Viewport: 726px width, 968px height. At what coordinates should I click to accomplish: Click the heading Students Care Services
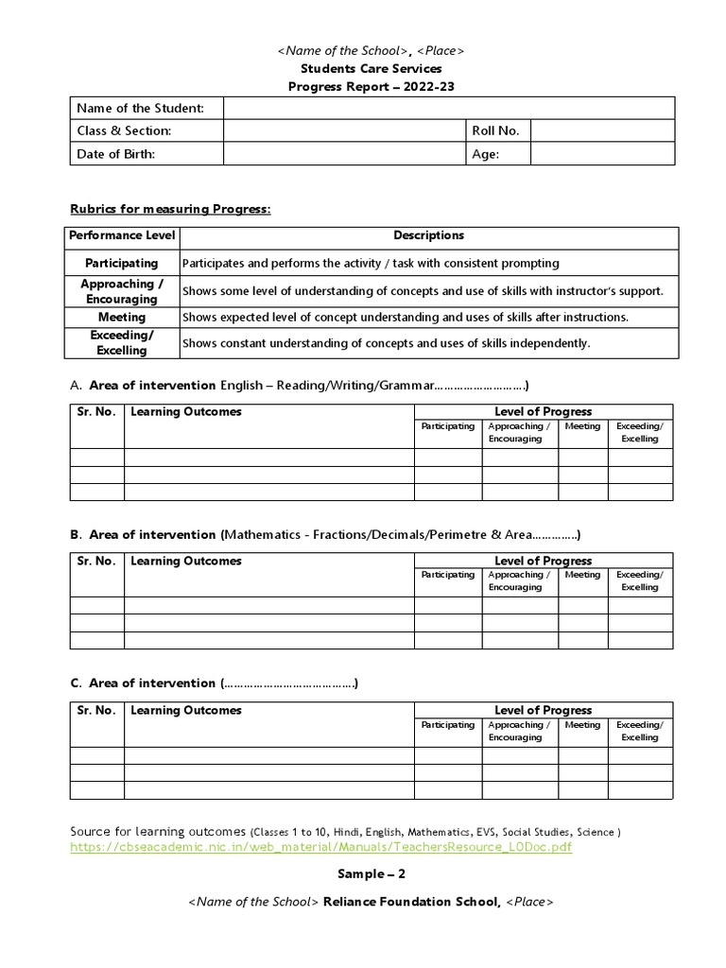click(x=371, y=69)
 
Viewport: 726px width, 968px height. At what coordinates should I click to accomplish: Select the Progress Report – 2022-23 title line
click(x=371, y=87)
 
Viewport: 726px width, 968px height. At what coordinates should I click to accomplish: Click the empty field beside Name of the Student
click(x=449, y=109)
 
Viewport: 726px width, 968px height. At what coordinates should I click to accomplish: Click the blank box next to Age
click(x=602, y=154)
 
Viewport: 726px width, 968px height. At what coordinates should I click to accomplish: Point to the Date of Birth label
click(x=115, y=154)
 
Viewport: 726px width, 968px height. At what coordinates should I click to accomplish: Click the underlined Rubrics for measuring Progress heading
click(x=171, y=208)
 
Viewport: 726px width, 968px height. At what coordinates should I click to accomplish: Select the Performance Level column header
click(x=121, y=235)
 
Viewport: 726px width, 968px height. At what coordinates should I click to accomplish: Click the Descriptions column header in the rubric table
click(x=428, y=235)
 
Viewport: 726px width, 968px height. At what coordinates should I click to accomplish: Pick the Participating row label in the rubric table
click(x=121, y=263)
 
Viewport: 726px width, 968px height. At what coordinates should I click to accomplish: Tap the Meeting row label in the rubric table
click(x=121, y=318)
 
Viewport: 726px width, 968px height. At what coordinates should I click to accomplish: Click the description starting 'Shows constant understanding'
click(x=386, y=343)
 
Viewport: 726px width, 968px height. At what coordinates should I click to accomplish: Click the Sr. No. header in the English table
click(x=96, y=411)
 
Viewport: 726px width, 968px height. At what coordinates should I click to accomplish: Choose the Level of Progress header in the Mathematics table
click(x=544, y=561)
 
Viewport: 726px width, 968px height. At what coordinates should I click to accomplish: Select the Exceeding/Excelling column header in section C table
click(x=640, y=731)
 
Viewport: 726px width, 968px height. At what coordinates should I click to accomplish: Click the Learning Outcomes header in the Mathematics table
click(x=186, y=561)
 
